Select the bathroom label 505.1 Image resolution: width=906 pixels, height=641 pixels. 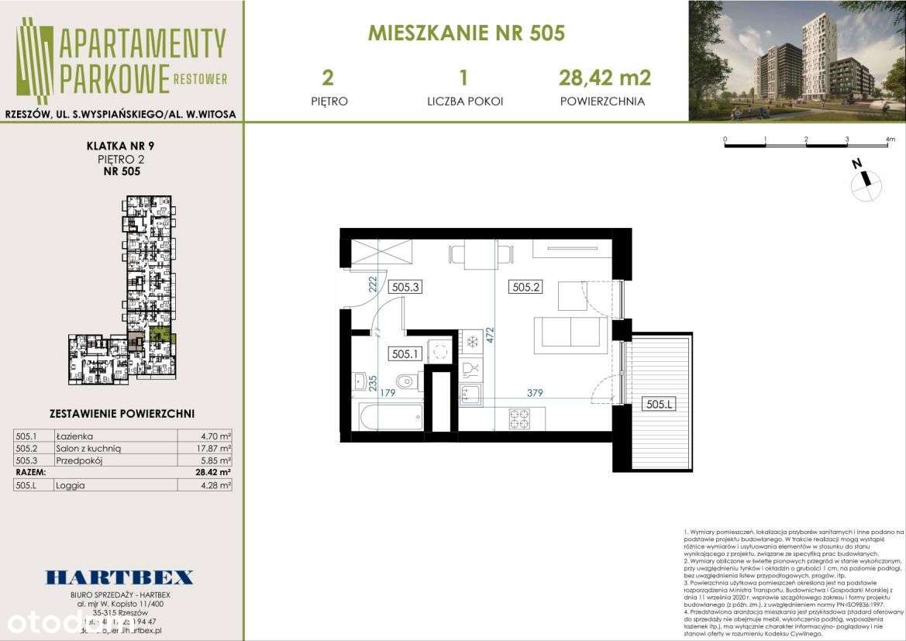(405, 354)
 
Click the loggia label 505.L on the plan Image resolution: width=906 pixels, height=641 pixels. (659, 405)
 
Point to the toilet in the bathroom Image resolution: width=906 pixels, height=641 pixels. (406, 381)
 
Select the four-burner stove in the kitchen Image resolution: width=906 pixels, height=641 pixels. (518, 419)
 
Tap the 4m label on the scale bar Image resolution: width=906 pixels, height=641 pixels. (889, 140)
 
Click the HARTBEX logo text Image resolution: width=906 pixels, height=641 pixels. (119, 577)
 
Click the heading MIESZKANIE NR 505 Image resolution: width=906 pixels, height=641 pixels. (466, 33)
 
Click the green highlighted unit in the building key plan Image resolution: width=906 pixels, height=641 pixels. (159, 335)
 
